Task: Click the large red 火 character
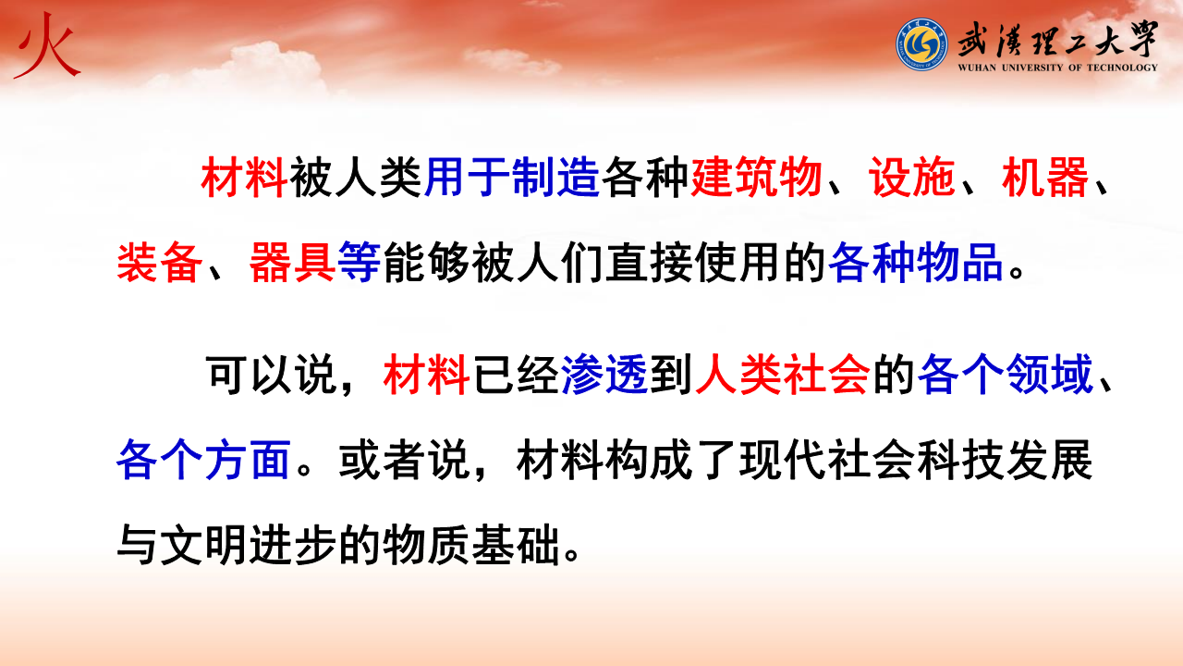click(46, 46)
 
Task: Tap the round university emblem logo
click(921, 43)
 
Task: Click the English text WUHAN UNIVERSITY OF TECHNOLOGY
click(1058, 68)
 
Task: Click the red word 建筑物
click(756, 178)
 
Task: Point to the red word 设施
click(912, 178)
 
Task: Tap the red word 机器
click(1045, 178)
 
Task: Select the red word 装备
click(160, 263)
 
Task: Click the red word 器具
click(292, 263)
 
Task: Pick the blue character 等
click(360, 263)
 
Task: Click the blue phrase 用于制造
click(511, 178)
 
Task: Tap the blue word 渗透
click(604, 375)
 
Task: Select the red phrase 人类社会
click(783, 375)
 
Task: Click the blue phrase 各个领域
click(1005, 375)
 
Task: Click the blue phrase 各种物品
click(916, 263)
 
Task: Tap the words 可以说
click(272, 375)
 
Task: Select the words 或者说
click(404, 460)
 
